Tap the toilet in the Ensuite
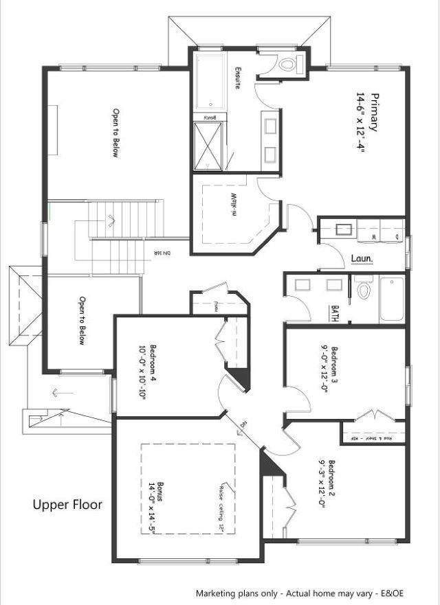coord(287,65)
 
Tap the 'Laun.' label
coord(362,259)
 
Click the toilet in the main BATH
coord(364,291)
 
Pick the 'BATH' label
coord(335,313)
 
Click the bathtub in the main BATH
coord(393,299)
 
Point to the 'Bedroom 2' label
coord(333,482)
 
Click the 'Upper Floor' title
coord(67,505)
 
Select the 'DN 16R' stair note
coord(162,254)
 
